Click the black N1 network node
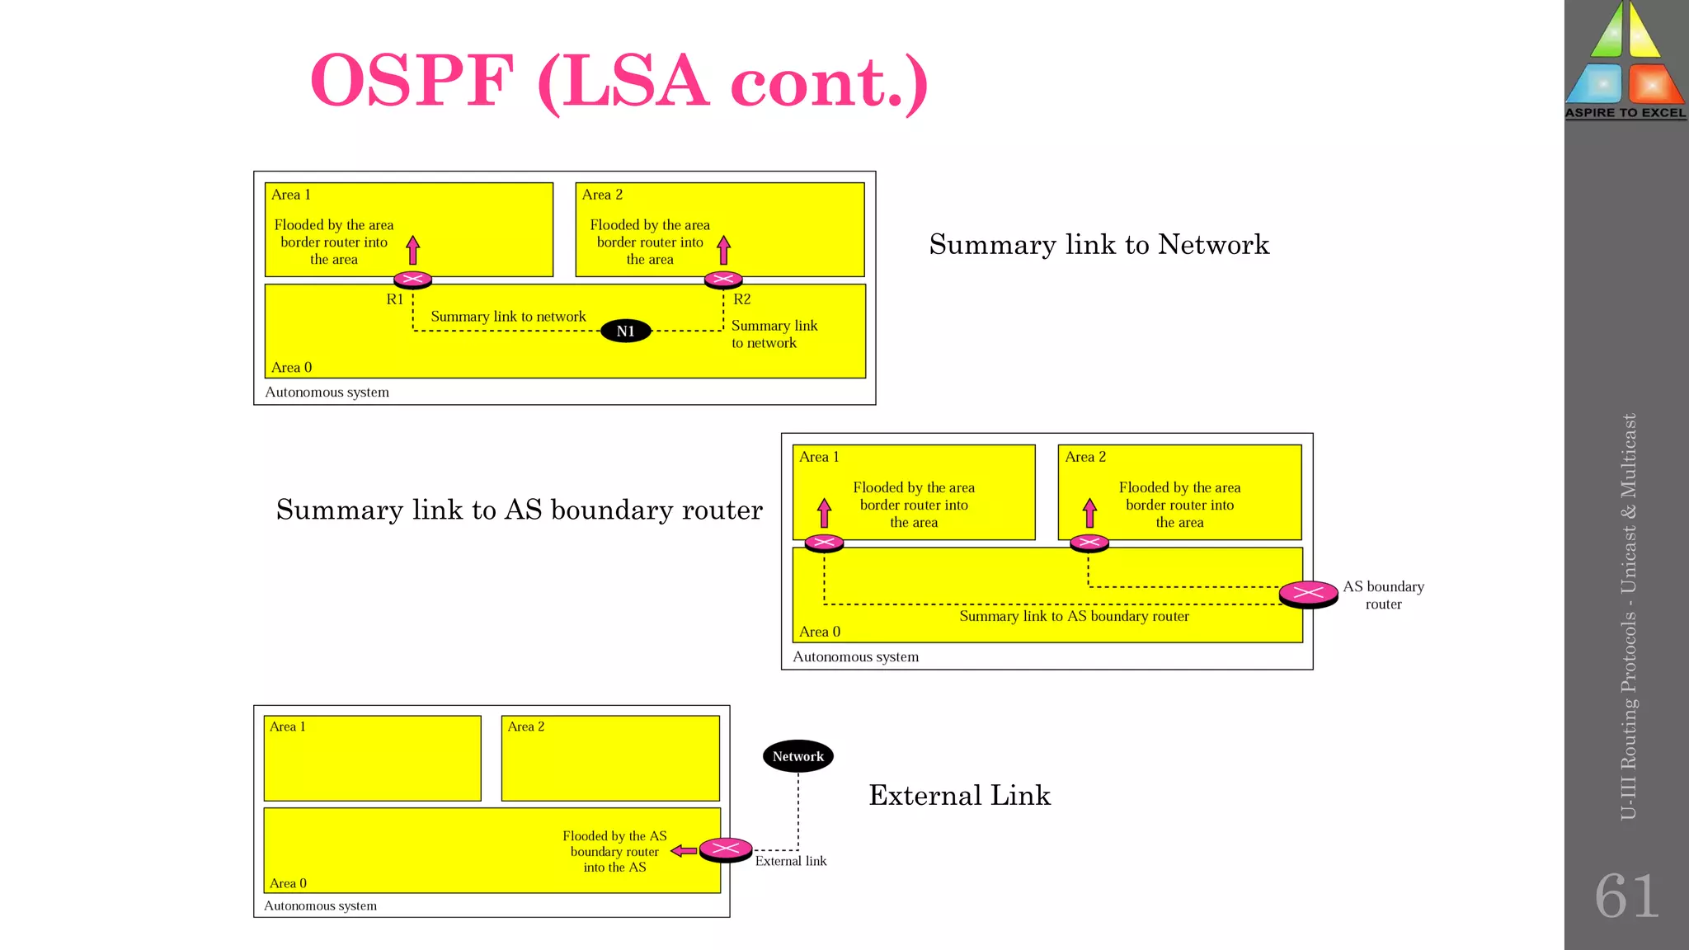[x=625, y=331]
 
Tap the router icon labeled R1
[x=412, y=280]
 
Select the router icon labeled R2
[x=723, y=280]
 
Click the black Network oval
[x=797, y=756]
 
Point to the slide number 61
[x=1626, y=896]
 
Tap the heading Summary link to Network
[x=1099, y=244]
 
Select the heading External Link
[x=959, y=795]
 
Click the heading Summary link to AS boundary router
[x=519, y=510]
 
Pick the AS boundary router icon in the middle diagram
[x=1308, y=593]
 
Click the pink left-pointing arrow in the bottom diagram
[x=684, y=850]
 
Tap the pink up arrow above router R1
[x=413, y=249]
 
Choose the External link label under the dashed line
[x=790, y=861]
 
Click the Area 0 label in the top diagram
[x=291, y=367]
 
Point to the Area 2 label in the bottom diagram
[x=525, y=727]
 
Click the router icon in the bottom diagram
[x=726, y=849]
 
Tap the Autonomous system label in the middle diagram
[x=855, y=656]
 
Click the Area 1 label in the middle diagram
[x=818, y=457]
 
